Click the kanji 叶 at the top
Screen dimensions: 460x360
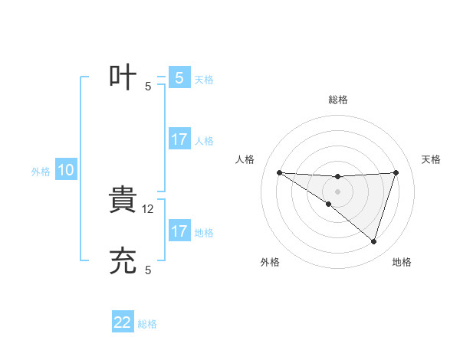[123, 78]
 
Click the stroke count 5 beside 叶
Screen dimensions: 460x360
[148, 87]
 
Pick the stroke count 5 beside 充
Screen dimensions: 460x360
[148, 270]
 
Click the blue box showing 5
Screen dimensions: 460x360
[179, 78]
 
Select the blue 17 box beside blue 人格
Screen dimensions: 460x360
[179, 140]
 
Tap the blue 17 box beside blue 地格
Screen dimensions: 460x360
[179, 232]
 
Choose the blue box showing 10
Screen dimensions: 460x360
[66, 171]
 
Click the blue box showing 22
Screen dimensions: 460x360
[123, 322]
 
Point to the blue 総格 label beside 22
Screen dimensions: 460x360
[147, 324]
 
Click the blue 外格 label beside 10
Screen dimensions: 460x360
[41, 172]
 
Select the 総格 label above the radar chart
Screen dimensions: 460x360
[338, 100]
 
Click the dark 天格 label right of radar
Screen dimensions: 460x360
[432, 159]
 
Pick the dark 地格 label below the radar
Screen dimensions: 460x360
[402, 262]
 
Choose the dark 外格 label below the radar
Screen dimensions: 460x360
[270, 262]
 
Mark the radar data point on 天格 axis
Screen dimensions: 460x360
[396, 172]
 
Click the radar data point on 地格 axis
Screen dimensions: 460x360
[373, 242]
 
